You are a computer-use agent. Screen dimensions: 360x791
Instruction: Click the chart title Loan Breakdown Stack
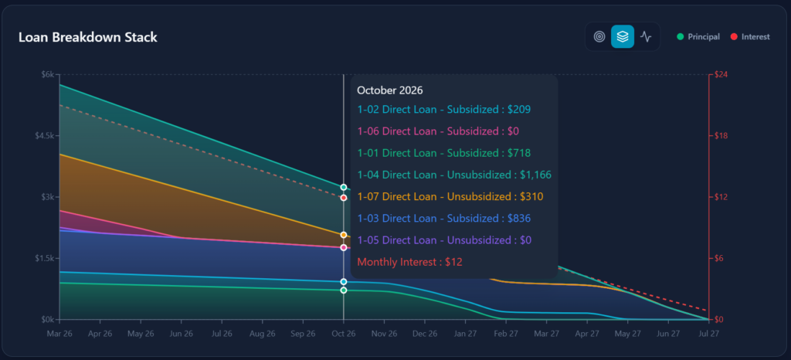[87, 37]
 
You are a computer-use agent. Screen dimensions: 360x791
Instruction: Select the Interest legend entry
[755, 36]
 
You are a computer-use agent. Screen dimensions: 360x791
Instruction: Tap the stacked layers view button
[623, 36]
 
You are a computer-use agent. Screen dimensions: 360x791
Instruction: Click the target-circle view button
[599, 36]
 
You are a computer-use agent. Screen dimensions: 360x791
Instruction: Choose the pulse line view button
[646, 36]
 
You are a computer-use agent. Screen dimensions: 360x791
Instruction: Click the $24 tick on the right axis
[724, 75]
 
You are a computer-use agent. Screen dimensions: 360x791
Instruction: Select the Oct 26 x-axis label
[344, 334]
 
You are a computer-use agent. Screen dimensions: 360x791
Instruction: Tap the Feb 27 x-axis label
[506, 334]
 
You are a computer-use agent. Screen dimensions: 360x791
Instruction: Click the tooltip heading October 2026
[390, 90]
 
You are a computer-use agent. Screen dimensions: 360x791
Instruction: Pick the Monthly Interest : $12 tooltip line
[409, 262]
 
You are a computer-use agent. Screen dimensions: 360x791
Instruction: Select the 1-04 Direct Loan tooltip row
[454, 175]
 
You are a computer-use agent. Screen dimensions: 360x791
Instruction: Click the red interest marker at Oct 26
[344, 198]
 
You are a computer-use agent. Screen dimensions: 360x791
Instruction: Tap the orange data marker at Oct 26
[344, 234]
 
